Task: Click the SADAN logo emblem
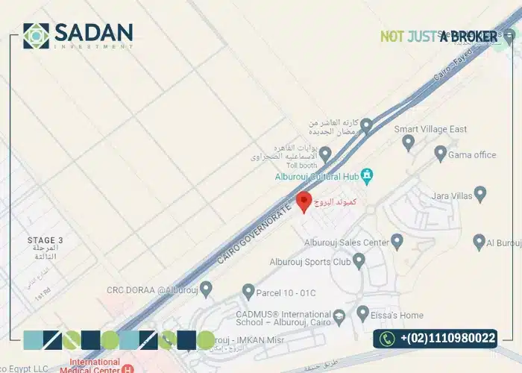click(x=37, y=35)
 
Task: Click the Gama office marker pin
click(x=441, y=155)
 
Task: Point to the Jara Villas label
click(x=451, y=196)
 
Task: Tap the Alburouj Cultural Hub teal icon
click(x=367, y=176)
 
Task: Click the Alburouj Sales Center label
click(x=347, y=242)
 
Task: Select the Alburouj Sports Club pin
click(x=359, y=261)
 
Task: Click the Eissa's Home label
click(x=400, y=315)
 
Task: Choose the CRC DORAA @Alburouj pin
click(x=207, y=287)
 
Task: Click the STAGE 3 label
click(x=45, y=240)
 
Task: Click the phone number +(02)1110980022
click(x=447, y=339)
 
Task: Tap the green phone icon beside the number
click(x=387, y=339)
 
